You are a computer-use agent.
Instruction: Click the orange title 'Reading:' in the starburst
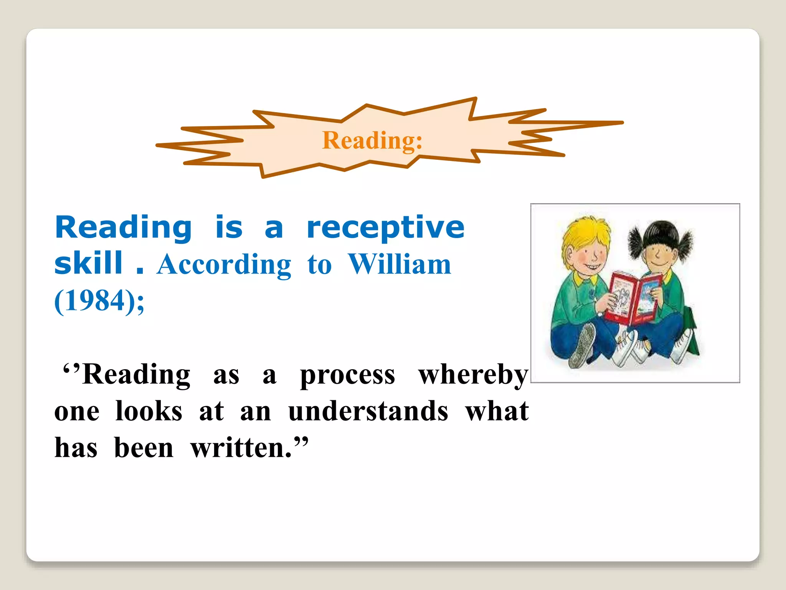pos(372,141)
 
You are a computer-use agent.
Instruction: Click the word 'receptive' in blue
pos(386,228)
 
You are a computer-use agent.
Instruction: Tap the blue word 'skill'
pos(89,264)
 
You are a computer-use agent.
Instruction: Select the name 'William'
pos(400,265)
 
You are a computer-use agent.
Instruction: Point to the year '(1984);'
pos(99,301)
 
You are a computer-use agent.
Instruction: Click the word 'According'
pos(224,265)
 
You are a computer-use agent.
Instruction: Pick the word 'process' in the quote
pos(347,375)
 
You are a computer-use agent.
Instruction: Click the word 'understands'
pos(368,411)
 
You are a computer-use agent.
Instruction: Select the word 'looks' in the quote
pos(149,411)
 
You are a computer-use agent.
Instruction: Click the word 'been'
pos(144,448)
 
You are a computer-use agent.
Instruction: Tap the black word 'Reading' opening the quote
pos(136,375)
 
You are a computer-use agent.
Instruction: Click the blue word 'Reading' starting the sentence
pos(123,228)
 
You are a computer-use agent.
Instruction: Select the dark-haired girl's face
pos(658,256)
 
